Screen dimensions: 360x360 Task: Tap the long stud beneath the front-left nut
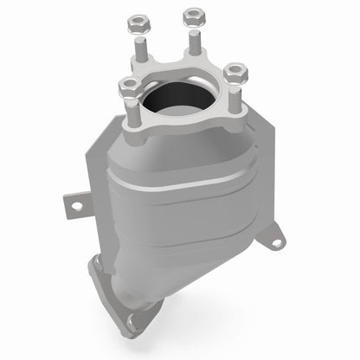[131, 112]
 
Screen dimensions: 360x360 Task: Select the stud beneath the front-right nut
[231, 90]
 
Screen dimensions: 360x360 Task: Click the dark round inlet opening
[182, 100]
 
